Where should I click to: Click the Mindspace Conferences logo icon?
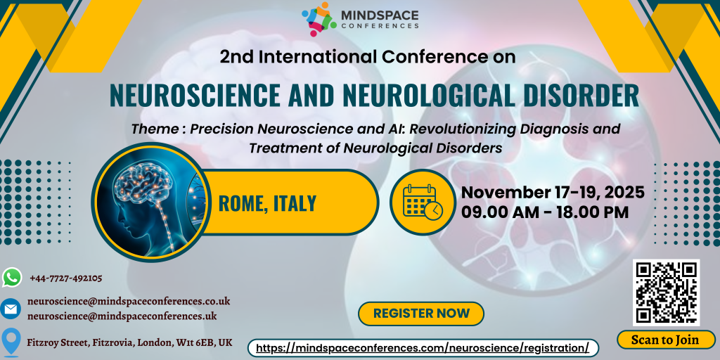pos(318,19)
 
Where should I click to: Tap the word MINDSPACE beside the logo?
pos(380,14)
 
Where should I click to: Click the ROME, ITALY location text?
pos(267,203)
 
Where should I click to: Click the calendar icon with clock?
pos(422,202)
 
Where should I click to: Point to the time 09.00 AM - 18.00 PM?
pos(545,212)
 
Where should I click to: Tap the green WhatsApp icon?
pos(12,278)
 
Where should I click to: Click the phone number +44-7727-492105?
pos(66,278)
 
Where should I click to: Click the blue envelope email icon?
pos(11,309)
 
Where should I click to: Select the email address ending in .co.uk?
pos(129,301)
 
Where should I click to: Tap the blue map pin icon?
pos(11,341)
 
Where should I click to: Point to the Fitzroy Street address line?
pos(129,342)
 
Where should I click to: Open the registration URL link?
pos(423,348)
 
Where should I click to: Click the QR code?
pos(666,292)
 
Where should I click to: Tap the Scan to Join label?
pos(665,340)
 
